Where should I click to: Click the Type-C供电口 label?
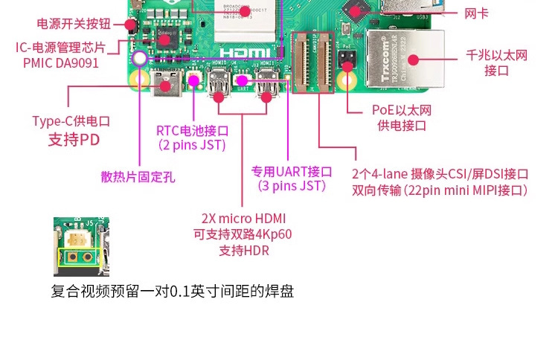click(71, 120)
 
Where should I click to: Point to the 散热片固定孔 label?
click(138, 176)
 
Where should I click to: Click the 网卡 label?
click(476, 13)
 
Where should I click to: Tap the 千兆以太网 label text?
click(496, 55)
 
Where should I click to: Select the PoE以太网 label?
click(402, 110)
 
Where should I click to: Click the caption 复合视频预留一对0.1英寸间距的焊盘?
click(173, 291)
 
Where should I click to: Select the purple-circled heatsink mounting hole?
click(139, 58)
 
